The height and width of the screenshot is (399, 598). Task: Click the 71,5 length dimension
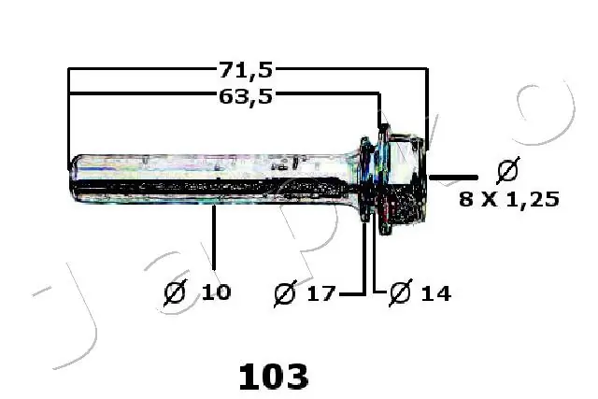246,69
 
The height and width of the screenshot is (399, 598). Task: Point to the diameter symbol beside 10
175,292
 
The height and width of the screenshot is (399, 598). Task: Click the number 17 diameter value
320,293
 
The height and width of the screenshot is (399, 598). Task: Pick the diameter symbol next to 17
286,293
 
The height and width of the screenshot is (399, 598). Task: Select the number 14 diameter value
434,293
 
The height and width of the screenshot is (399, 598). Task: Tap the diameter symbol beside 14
399,293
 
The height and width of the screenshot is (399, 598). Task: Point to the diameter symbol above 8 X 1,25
507,172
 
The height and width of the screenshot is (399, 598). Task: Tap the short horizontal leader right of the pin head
453,175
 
